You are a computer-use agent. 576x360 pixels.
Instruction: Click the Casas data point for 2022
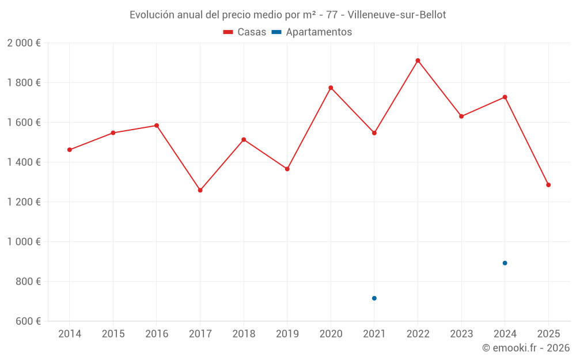point(418,60)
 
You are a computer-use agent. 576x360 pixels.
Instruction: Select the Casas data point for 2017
point(200,190)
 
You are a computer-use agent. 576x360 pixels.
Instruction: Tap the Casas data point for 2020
point(331,88)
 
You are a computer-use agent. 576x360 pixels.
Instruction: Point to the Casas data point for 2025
point(548,185)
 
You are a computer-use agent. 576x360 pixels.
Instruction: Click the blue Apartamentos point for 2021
point(374,298)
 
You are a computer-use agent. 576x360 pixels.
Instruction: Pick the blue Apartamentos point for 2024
point(505,263)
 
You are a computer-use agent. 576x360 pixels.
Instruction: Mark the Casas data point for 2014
point(70,150)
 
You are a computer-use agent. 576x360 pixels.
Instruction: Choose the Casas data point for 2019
point(287,169)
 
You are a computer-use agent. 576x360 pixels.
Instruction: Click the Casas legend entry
point(245,32)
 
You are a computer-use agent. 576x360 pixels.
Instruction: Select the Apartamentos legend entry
point(312,32)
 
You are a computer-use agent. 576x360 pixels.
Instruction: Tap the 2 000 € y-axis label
point(24,43)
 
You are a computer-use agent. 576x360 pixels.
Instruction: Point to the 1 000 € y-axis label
point(24,242)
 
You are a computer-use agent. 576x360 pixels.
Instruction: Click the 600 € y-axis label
point(28,321)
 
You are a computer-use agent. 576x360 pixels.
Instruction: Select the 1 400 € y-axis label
point(24,162)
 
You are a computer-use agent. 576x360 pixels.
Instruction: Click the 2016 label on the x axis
point(157,334)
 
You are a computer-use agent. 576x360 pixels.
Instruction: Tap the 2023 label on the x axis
point(461,334)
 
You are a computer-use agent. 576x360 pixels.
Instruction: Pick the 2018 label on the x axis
point(244,334)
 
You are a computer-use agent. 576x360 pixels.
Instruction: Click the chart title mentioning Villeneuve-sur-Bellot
point(287,15)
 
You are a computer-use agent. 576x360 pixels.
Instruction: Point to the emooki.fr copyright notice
point(525,348)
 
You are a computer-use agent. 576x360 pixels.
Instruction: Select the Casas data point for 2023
point(461,116)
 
